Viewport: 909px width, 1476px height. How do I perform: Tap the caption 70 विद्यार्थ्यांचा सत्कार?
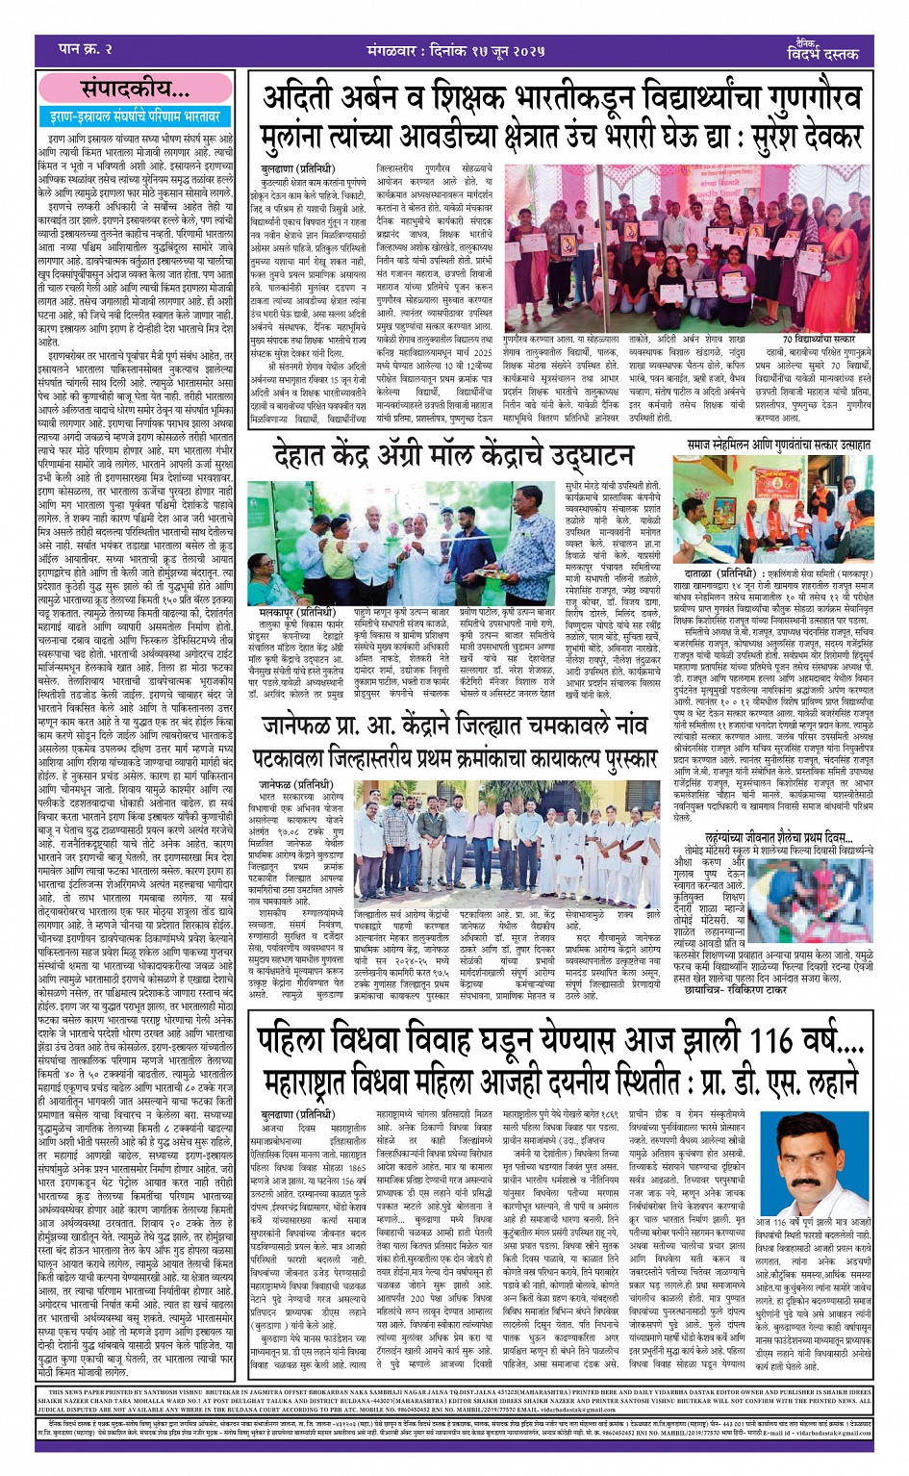[x=818, y=339]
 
